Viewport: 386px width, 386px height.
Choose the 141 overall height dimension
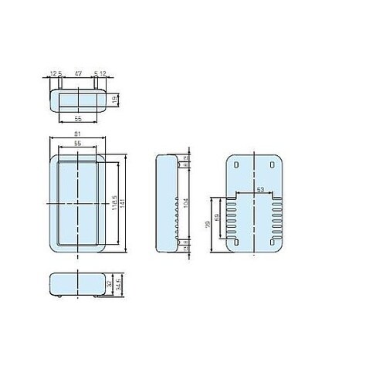coord(121,203)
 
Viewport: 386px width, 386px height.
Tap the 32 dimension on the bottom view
coord(110,283)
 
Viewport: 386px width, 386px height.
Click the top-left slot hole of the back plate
coord(237,165)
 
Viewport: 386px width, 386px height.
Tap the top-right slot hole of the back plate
coord(273,165)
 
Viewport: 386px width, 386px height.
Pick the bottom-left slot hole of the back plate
coord(237,242)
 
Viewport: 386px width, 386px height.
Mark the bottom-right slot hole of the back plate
coord(273,242)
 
